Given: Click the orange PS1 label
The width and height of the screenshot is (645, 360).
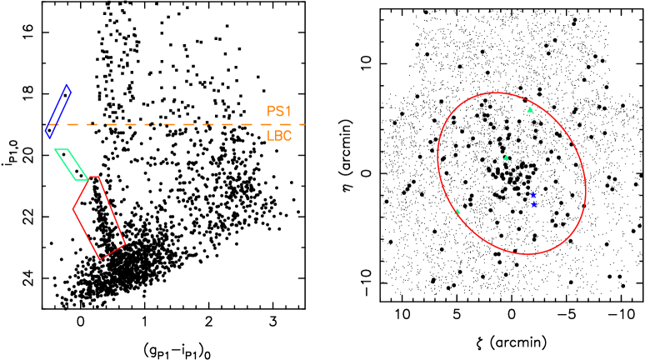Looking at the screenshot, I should click(x=279, y=111).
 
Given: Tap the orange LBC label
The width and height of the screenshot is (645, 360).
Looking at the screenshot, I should click(x=279, y=136).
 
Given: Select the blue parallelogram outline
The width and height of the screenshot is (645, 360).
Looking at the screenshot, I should click(x=57, y=112).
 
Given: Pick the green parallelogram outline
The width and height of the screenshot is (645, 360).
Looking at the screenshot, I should click(x=71, y=164).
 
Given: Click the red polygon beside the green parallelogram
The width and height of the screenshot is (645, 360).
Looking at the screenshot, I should click(x=99, y=217).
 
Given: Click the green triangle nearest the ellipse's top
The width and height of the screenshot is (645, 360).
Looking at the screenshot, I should click(x=530, y=110).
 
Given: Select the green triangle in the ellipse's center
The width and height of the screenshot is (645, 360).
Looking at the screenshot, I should click(x=506, y=157).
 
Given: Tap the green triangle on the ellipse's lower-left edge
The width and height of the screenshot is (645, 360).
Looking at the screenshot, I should click(x=457, y=212).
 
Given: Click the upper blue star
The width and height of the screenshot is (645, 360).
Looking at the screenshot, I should click(x=533, y=194).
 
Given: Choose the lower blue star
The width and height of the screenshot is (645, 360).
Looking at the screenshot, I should click(x=533, y=204).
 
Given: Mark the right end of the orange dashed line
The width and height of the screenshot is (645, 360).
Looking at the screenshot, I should click(x=305, y=124).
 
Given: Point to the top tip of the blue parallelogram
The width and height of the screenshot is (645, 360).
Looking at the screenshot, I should click(x=67, y=84).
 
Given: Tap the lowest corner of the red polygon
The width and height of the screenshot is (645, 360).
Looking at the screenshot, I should click(x=100, y=260).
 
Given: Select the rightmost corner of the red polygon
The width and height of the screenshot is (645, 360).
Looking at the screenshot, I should click(x=126, y=244).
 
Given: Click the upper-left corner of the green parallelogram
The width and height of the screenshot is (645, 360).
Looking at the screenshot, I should click(x=55, y=150).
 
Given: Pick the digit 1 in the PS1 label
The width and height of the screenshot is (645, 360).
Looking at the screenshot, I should click(x=288, y=111).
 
